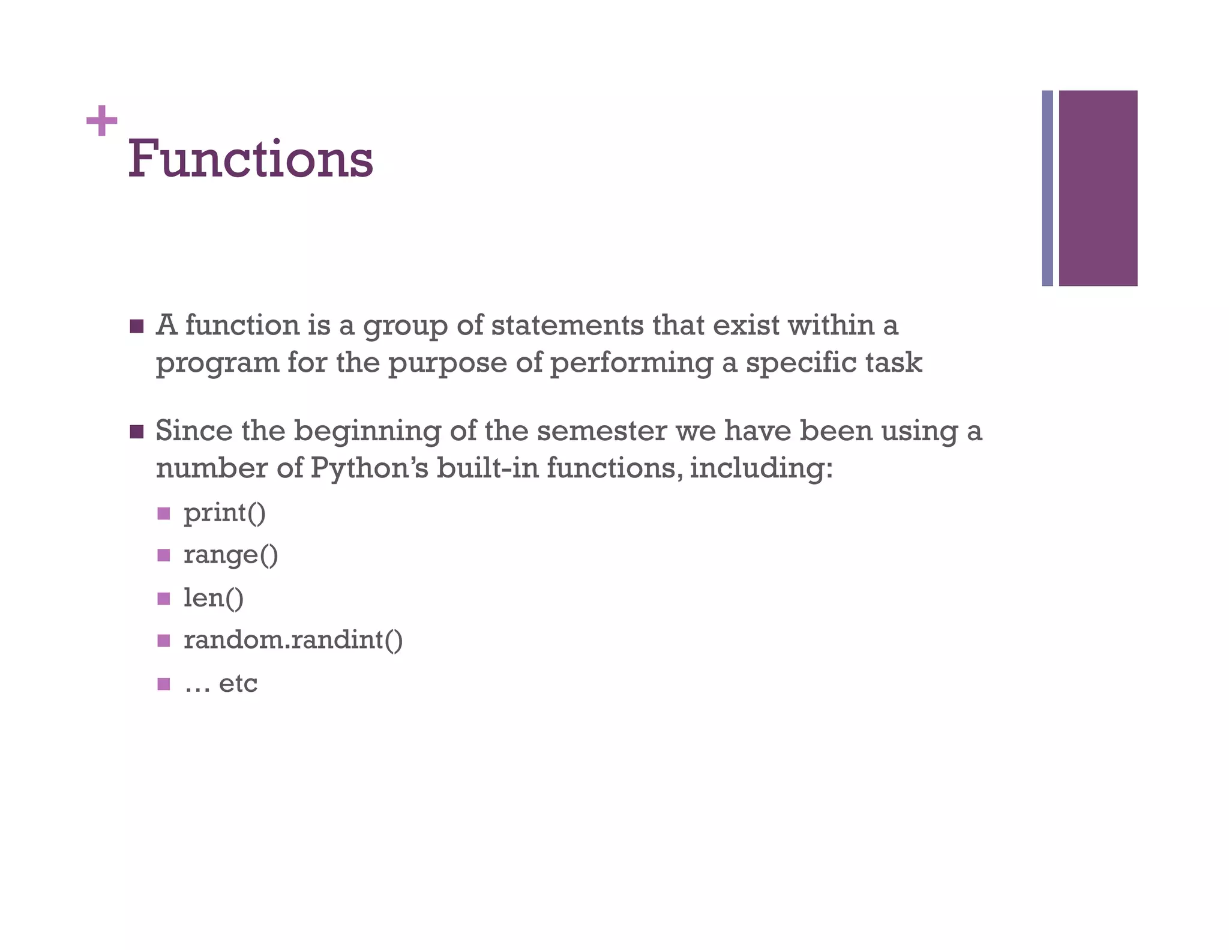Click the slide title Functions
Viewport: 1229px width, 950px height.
(250, 159)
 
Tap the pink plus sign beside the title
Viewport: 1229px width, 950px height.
(101, 121)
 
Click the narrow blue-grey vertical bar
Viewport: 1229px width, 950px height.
(1047, 188)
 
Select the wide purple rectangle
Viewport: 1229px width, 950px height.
(1098, 188)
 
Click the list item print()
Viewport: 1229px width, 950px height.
(224, 513)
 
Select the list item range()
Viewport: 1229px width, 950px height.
(230, 555)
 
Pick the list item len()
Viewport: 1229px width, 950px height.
(214, 598)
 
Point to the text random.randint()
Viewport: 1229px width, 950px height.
(293, 640)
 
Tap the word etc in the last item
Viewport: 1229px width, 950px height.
(238, 683)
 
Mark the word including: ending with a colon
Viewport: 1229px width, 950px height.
(761, 468)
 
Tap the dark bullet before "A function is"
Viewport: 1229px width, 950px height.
(137, 326)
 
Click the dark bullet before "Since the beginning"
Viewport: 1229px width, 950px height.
(137, 432)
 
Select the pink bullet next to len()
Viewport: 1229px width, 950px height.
(164, 598)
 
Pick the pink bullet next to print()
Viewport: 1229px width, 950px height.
(164, 513)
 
